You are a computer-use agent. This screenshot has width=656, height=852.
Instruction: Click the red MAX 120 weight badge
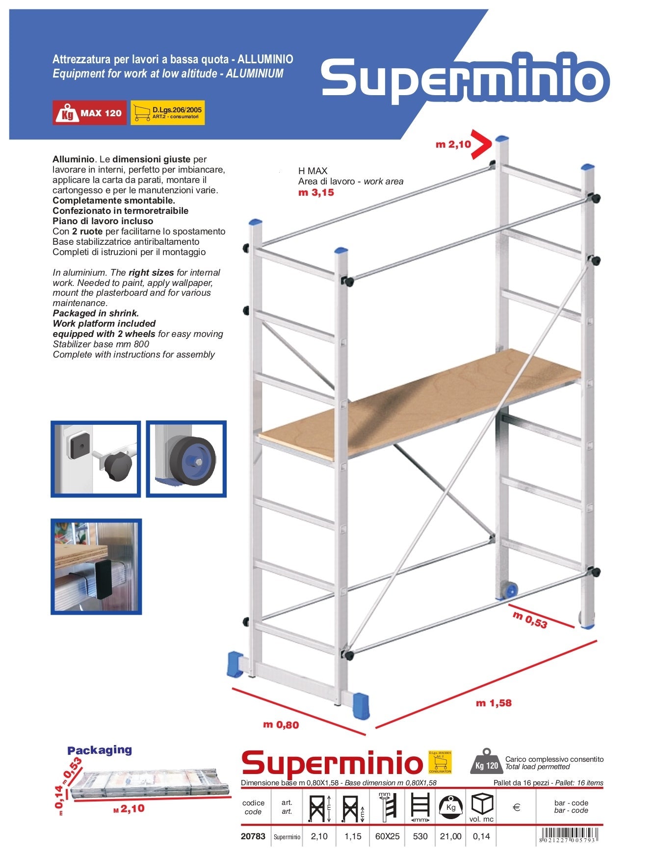click(89, 113)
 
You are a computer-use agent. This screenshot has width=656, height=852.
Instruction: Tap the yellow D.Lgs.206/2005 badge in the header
click(167, 113)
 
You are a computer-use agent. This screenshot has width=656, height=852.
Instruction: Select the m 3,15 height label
click(316, 192)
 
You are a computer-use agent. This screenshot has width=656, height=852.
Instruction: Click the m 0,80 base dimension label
click(281, 724)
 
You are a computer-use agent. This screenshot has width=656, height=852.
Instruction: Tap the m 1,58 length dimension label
click(494, 703)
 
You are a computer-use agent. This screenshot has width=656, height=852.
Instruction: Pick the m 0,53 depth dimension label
click(530, 620)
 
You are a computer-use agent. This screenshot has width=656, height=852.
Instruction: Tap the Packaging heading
click(100, 750)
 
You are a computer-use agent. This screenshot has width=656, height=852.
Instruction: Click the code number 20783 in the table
click(253, 836)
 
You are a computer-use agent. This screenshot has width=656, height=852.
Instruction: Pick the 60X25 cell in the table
click(387, 836)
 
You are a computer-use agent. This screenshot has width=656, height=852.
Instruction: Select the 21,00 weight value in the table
click(450, 836)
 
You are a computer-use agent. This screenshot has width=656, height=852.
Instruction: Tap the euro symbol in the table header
click(516, 807)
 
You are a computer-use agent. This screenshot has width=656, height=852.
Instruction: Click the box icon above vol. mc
click(481, 803)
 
